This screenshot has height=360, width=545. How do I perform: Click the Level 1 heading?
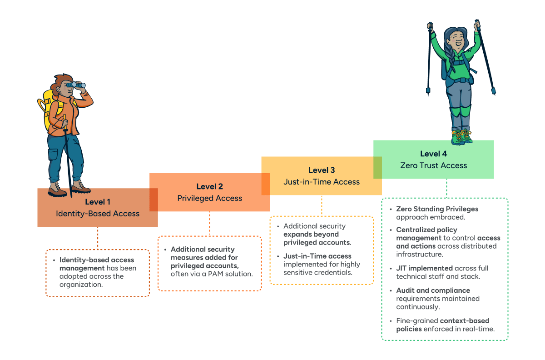(97, 202)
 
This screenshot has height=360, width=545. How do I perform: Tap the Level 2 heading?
(209, 186)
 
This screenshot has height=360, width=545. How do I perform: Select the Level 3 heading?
(321, 170)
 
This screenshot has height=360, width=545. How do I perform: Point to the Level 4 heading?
(433, 154)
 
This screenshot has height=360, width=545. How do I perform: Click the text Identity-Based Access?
(97, 214)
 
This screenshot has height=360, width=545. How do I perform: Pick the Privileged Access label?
(209, 198)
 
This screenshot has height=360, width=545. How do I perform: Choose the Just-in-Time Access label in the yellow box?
(321, 182)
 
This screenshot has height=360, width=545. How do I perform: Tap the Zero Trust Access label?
(433, 165)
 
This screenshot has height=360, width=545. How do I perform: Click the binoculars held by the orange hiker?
(76, 85)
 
